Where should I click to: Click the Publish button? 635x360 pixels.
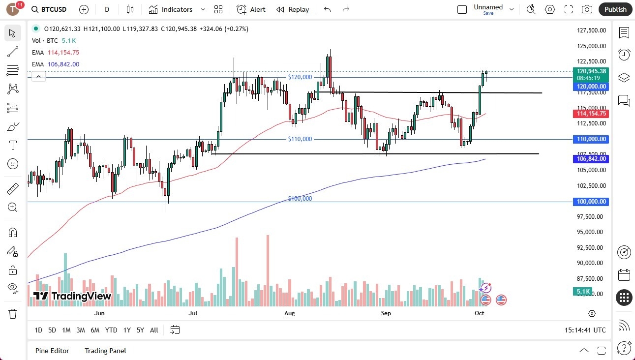click(x=615, y=9)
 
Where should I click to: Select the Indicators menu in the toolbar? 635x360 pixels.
click(x=177, y=9)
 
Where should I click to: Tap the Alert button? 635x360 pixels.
click(x=251, y=9)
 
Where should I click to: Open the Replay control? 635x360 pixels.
click(x=293, y=9)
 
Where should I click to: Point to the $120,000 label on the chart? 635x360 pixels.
click(x=300, y=77)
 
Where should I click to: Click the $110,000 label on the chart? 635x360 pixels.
click(x=300, y=139)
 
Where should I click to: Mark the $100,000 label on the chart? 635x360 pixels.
click(x=300, y=199)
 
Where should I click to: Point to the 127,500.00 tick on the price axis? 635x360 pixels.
click(x=591, y=30)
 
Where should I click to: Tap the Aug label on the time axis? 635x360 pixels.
click(x=289, y=313)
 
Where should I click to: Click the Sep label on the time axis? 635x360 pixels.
click(x=386, y=313)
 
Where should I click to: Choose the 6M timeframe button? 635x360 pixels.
click(x=95, y=330)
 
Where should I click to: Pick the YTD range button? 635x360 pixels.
click(x=111, y=330)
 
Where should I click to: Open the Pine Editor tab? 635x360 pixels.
click(x=52, y=351)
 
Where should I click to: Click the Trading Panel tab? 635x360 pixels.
click(x=105, y=351)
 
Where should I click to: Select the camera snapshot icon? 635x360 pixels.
click(x=587, y=9)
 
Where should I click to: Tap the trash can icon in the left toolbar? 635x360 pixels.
click(x=13, y=313)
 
